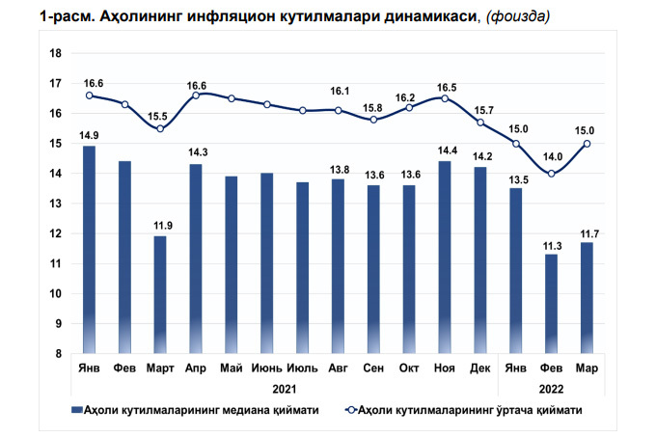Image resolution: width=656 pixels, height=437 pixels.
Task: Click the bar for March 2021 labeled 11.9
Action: [x=160, y=294]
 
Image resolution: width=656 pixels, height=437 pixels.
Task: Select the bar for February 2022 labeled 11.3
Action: [x=551, y=303]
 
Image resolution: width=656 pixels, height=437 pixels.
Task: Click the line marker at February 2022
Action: [x=551, y=174]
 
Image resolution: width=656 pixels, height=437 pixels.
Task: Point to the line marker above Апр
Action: [x=196, y=95]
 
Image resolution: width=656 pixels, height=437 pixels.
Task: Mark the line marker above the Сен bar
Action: [x=373, y=120]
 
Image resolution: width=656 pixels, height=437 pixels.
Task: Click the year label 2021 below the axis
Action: [x=284, y=388]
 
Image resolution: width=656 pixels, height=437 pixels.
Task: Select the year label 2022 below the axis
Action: [x=551, y=388]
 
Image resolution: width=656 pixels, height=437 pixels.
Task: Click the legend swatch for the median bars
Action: [x=77, y=409]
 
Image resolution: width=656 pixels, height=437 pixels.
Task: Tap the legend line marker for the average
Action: [x=350, y=409]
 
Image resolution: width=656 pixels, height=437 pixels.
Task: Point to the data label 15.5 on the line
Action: [x=160, y=116]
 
